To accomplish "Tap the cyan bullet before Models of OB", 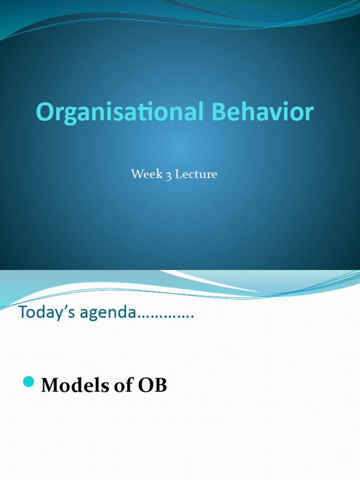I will (x=29, y=382).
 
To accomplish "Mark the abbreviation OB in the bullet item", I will (x=152, y=385).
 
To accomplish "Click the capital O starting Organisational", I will (x=45, y=113).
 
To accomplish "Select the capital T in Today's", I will (x=22, y=312).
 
